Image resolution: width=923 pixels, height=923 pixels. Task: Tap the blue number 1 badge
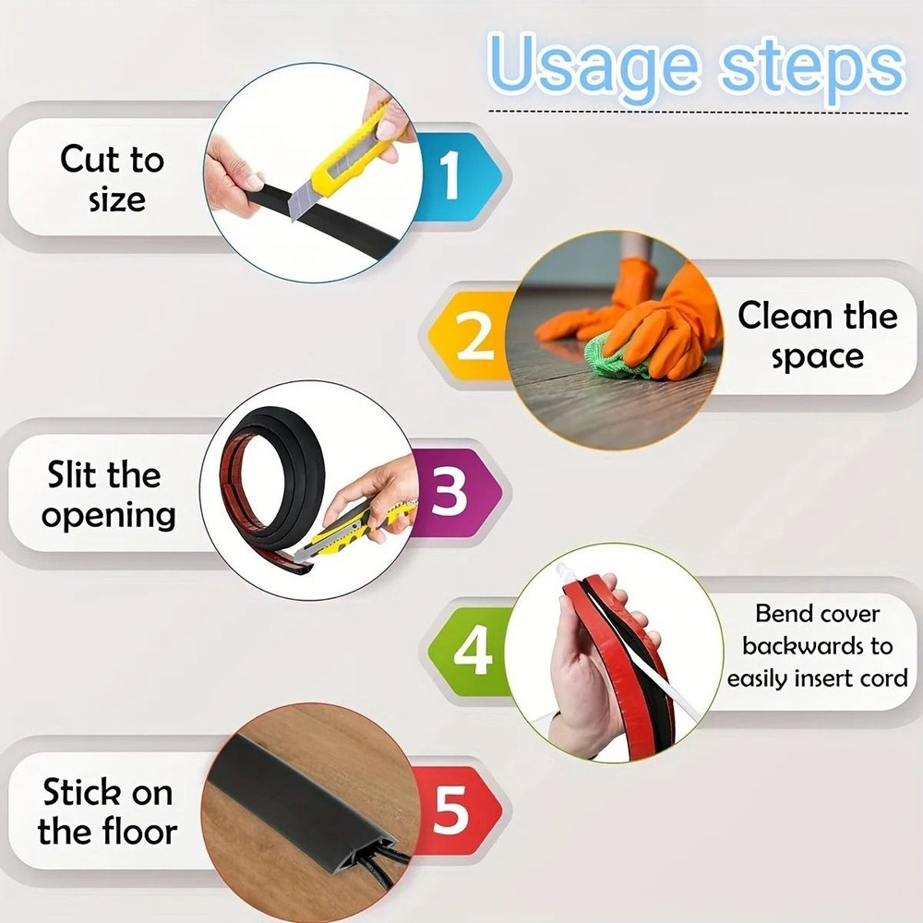pyautogui.click(x=451, y=175)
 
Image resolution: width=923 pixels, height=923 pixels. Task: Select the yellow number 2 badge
pyautogui.click(x=474, y=337)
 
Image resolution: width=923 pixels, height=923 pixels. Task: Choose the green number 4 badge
pyautogui.click(x=473, y=653)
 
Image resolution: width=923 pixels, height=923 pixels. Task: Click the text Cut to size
pyautogui.click(x=112, y=179)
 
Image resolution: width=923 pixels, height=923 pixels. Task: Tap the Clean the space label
pyautogui.click(x=817, y=336)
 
